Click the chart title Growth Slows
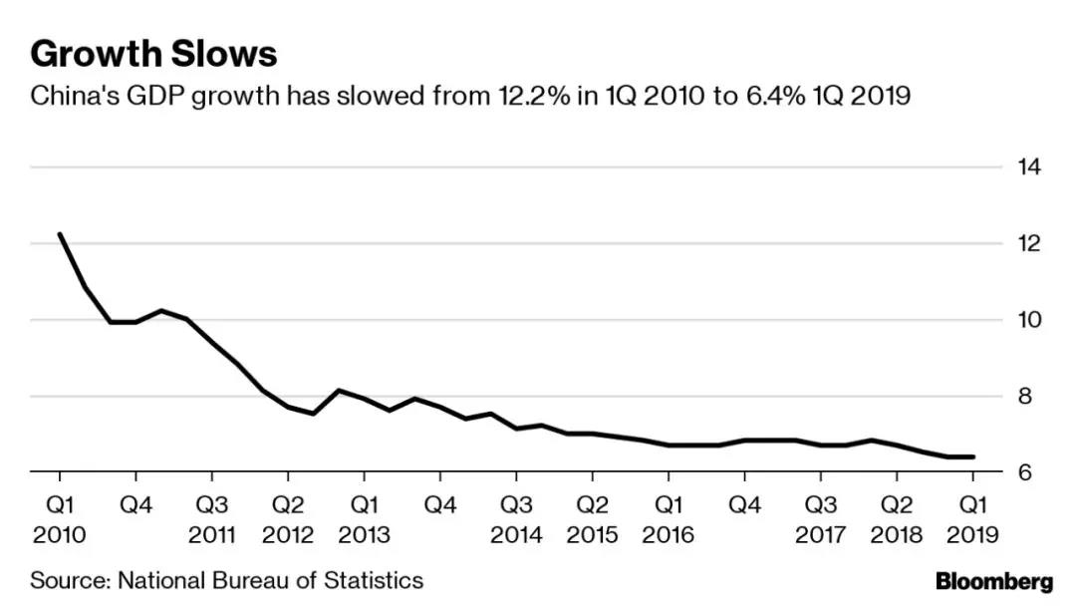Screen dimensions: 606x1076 (153, 53)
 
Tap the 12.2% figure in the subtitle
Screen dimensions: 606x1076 (523, 98)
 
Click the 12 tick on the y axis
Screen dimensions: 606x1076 (1029, 244)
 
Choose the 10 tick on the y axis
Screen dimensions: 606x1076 (1029, 320)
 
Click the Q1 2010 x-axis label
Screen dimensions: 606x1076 (60, 519)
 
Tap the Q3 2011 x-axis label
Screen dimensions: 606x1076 (211, 519)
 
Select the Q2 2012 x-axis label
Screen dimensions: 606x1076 (288, 519)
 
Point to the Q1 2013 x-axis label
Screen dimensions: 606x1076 (364, 519)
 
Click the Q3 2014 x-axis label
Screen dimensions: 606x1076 (516, 519)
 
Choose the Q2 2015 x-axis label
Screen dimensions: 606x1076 (593, 519)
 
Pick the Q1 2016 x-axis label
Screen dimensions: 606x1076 (669, 519)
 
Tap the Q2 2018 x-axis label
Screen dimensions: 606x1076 (897, 519)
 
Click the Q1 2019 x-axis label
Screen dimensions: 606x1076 (971, 519)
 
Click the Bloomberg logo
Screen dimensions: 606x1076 (993, 581)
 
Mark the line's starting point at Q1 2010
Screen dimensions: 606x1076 (60, 234)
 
